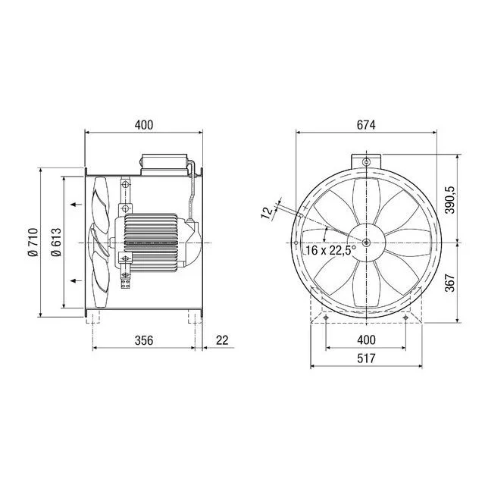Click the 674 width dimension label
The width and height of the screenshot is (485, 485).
coord(366,125)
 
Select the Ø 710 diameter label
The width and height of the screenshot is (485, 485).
coord(33,242)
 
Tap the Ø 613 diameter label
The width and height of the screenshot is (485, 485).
coord(56,242)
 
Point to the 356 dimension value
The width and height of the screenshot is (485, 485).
coord(144,340)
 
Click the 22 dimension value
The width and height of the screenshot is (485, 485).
coord(222,340)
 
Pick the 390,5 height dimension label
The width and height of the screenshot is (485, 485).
coord(450,200)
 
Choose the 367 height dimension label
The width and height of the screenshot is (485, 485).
coord(450,283)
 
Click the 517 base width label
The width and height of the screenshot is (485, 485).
coord(366,358)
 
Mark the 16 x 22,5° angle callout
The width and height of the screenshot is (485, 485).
coord(330,250)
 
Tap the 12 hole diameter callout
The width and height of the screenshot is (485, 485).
coord(268,213)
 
